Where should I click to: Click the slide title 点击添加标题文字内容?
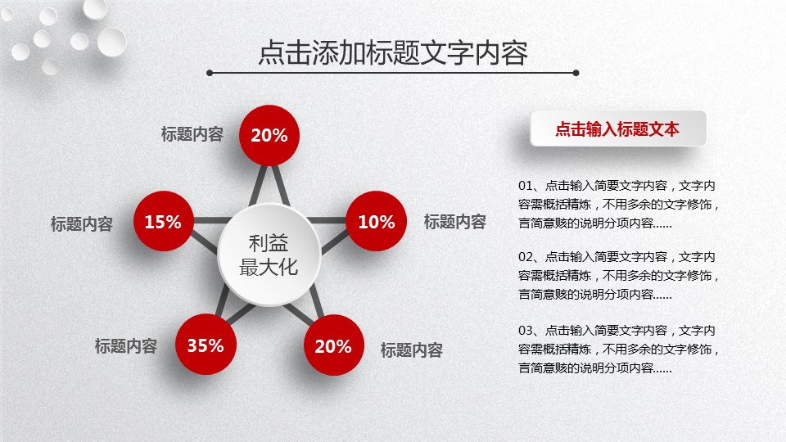393,52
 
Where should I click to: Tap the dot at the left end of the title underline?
210,73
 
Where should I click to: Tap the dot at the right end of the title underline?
576,73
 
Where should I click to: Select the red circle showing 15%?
164,221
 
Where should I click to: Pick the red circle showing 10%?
377,221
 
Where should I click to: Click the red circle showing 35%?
206,345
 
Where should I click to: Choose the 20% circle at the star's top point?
269,135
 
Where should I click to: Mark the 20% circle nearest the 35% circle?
334,345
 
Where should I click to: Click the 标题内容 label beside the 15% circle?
82,223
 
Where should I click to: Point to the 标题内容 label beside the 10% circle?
455,222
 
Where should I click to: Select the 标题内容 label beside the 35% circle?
126,345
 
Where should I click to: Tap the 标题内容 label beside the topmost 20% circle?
192,133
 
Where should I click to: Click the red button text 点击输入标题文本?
617,129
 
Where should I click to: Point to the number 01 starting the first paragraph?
525,186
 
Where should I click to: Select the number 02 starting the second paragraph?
525,257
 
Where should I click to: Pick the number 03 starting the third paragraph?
525,331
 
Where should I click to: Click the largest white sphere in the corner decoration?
112,42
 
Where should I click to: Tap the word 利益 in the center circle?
269,244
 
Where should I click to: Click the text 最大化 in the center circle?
269,267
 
